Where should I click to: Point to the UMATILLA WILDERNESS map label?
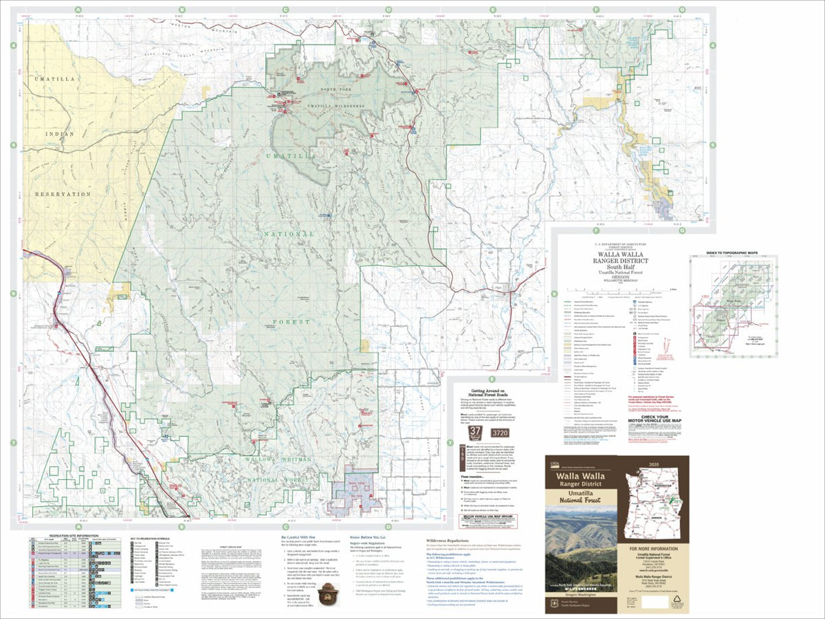click(x=335, y=106)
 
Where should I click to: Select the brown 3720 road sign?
click(x=500, y=434)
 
